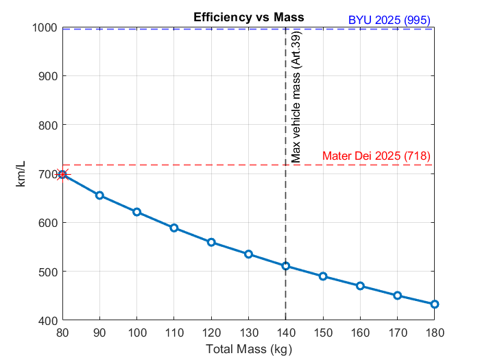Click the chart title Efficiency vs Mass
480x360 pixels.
[248, 16]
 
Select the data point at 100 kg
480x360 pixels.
[137, 212]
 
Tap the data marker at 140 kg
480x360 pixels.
[286, 266]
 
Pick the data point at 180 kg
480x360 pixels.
[434, 304]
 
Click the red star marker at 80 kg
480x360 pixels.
[62, 174]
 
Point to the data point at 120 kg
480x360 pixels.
[211, 242]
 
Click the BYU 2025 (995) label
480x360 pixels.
[389, 19]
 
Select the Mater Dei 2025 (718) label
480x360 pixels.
[376, 156]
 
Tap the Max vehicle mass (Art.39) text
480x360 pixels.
[296, 97]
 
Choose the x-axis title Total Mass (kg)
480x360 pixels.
[248, 349]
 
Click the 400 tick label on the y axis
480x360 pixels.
[47, 320]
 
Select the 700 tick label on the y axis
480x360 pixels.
[47, 174]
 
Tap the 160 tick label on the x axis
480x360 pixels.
[360, 333]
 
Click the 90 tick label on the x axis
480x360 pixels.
[100, 333]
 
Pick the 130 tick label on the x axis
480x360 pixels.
[248, 333]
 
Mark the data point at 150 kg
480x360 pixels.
[323, 276]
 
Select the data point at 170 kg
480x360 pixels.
[397, 296]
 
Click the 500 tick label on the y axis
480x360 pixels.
[47, 272]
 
